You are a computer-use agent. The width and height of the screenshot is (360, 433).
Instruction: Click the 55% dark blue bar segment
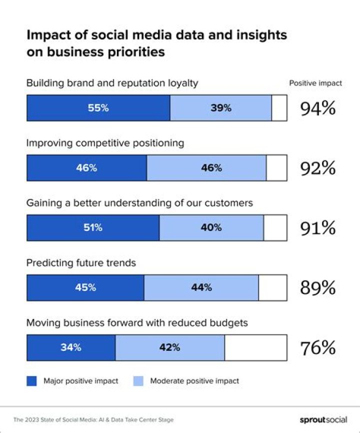pyautogui.click(x=98, y=108)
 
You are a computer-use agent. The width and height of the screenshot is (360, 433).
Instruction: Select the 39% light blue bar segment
pyautogui.click(x=220, y=108)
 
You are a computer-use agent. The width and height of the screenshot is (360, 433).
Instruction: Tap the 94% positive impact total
pyautogui.click(x=317, y=108)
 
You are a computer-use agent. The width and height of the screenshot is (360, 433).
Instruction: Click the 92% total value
pyautogui.click(x=317, y=168)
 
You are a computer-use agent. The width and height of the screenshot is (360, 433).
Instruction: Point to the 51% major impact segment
pyautogui.click(x=92, y=228)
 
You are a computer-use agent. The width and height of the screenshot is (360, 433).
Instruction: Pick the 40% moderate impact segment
pyautogui.click(x=211, y=228)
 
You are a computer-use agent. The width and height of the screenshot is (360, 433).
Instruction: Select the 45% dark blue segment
pyautogui.click(x=85, y=287)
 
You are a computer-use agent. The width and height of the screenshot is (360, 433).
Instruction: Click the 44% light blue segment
pyautogui.click(x=201, y=287)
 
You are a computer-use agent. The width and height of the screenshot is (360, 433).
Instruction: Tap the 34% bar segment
pyautogui.click(x=70, y=347)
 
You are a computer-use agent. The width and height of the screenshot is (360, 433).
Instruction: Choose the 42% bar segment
pyautogui.click(x=169, y=347)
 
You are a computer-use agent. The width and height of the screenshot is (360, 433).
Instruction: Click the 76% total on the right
pyautogui.click(x=317, y=347)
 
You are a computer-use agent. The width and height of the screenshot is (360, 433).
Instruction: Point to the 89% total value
pyautogui.click(x=317, y=287)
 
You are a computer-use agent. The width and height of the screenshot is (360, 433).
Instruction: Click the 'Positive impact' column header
pyautogui.click(x=315, y=83)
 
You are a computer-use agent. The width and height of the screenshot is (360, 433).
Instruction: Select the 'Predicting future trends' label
pyautogui.click(x=81, y=263)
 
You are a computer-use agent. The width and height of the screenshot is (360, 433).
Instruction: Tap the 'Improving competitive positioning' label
pyautogui.click(x=105, y=143)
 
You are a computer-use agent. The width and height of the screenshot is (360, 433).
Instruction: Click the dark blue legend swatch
pyautogui.click(x=32, y=381)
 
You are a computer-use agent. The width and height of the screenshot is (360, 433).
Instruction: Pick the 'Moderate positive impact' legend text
pyautogui.click(x=194, y=381)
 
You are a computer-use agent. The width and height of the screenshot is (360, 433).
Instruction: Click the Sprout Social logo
pyautogui.click(x=323, y=420)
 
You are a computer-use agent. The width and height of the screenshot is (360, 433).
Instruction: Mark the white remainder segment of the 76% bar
pyautogui.click(x=255, y=347)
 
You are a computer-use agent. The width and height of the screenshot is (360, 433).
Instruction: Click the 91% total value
pyautogui.click(x=317, y=228)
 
